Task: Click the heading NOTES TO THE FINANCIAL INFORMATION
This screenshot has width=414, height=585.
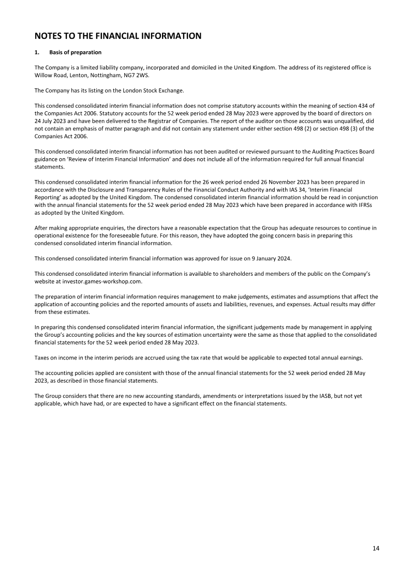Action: point(117,36)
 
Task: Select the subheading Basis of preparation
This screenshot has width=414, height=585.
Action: point(76,52)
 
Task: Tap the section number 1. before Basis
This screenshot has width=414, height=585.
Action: point(37,52)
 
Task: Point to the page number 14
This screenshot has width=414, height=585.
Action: point(376,548)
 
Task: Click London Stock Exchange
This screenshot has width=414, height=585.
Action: point(157,91)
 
